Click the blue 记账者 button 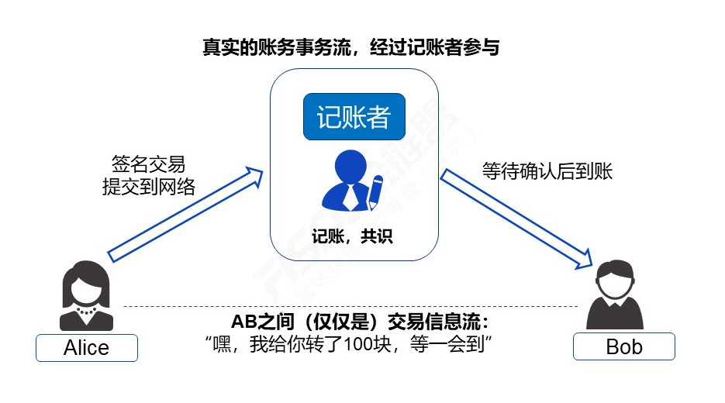[354, 116]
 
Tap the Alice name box [87, 347]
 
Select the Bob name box [623, 346]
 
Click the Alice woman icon [87, 296]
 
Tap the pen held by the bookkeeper [375, 191]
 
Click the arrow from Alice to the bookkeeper [185, 215]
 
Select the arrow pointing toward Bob [516, 219]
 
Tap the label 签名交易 [148, 164]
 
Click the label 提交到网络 [149, 187]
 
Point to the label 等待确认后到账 [547, 171]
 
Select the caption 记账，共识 [352, 236]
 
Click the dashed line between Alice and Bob [350, 306]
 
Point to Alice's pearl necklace [87, 311]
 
